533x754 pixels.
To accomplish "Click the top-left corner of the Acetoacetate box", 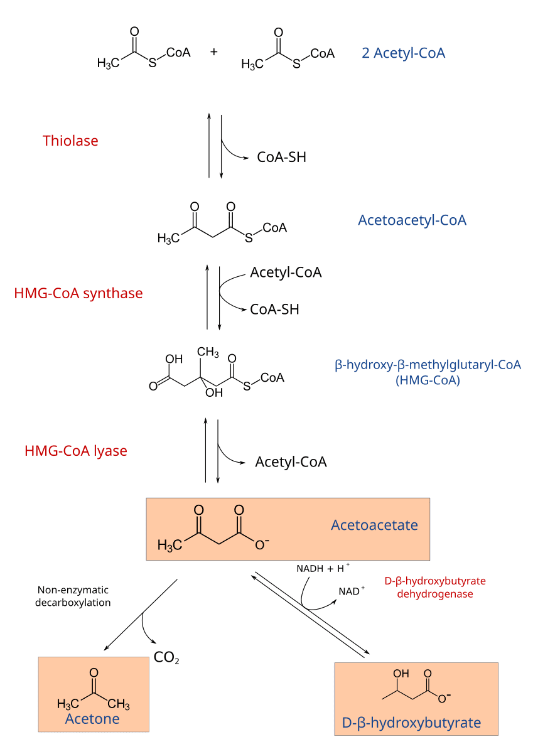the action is (x=146, y=498).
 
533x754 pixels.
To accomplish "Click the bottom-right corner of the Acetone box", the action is (x=149, y=731).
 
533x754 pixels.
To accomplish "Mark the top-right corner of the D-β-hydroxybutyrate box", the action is (x=498, y=663).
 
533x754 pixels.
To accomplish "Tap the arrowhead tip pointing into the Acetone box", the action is (x=104, y=650).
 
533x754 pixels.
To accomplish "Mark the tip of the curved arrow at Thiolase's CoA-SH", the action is (x=249, y=158).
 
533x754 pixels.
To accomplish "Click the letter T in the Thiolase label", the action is (x=46, y=141).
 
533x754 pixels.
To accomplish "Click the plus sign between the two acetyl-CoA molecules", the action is (x=214, y=52).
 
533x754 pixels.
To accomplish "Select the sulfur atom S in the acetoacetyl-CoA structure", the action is (x=249, y=239).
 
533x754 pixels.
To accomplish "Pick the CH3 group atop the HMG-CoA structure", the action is (x=208, y=352).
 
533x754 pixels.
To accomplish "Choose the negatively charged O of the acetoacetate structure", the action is (x=261, y=544).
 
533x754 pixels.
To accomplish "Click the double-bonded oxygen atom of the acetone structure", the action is (x=94, y=673).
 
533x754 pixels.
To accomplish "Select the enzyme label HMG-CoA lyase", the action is (x=76, y=451).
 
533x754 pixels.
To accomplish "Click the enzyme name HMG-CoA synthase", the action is (x=78, y=293).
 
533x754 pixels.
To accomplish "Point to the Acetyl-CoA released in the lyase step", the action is (x=291, y=462).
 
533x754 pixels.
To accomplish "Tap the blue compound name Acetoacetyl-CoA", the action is (x=412, y=220).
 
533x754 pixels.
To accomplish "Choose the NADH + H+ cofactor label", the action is (x=323, y=568).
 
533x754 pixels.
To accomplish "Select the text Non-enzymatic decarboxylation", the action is (x=73, y=596).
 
